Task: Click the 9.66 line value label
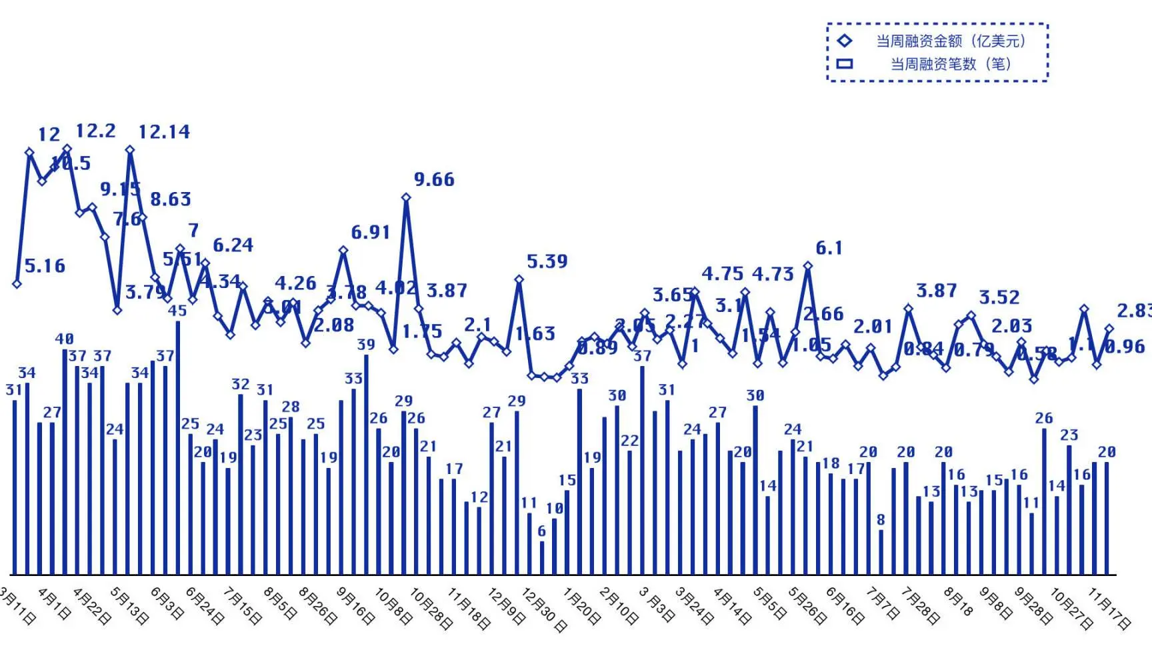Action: point(434,179)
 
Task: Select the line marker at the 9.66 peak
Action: point(406,197)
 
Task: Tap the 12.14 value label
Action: point(164,132)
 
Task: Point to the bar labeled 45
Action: point(178,447)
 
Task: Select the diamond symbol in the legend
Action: point(845,41)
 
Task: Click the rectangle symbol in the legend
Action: point(845,64)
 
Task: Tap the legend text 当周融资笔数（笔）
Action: point(951,64)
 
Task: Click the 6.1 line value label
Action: point(829,248)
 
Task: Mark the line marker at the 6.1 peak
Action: point(808,266)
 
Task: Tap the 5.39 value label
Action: point(547,261)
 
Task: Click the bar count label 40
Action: point(65,339)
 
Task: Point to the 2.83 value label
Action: point(1133,311)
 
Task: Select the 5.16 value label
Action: point(45,266)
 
